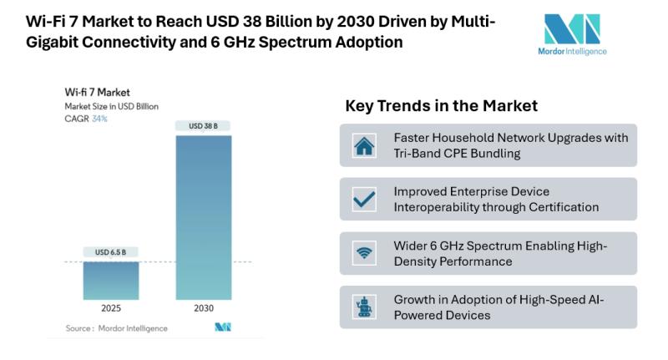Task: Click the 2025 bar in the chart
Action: point(111,281)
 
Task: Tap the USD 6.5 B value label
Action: point(111,252)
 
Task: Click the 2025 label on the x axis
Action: point(111,308)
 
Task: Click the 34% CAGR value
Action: point(99,119)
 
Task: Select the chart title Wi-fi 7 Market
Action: point(98,92)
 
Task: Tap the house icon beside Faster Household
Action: point(364,146)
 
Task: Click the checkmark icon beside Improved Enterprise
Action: point(364,199)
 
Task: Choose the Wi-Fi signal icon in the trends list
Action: point(364,253)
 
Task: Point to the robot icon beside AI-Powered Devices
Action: point(364,307)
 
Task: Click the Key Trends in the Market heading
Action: point(441,106)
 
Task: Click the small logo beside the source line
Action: point(222,327)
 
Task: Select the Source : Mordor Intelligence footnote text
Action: point(116,328)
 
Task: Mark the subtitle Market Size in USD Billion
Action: point(112,106)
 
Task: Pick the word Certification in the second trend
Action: point(559,206)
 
